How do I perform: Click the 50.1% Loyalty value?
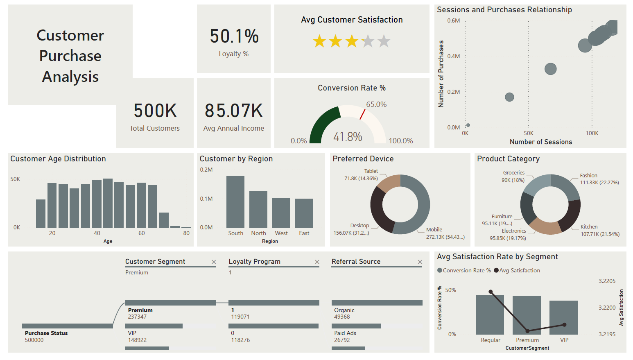pos(234,36)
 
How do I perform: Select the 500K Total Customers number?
pos(155,111)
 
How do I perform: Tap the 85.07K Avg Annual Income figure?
pos(234,111)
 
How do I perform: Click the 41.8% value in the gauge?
pos(348,137)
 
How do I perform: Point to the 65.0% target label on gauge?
pos(376,104)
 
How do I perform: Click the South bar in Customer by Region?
pos(235,202)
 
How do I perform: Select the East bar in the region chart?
pos(304,213)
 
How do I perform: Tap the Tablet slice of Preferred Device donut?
pos(388,183)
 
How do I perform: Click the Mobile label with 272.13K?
pos(434,230)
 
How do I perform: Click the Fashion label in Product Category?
pos(588,176)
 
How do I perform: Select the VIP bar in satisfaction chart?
pos(563,317)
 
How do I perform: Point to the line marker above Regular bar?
pos(491,292)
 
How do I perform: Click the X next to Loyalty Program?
pos(317,262)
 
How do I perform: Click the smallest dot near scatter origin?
pos(468,125)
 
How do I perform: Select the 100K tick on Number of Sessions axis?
pos(592,134)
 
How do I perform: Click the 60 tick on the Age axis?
pos(142,233)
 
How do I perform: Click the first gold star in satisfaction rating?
pos(319,41)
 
